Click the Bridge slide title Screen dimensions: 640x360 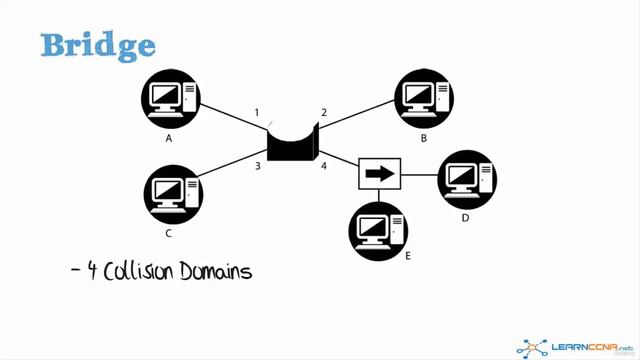pos(98,45)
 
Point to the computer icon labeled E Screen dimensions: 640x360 pos(379,229)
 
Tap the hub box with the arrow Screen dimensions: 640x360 pos(379,173)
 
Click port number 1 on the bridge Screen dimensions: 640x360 pos(257,112)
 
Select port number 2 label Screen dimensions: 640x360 pos(324,112)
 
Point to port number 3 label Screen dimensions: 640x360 pos(257,165)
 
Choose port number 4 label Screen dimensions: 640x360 pos(324,165)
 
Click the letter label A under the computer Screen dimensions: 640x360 pos(169,139)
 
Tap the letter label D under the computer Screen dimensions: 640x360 pos(465,217)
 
